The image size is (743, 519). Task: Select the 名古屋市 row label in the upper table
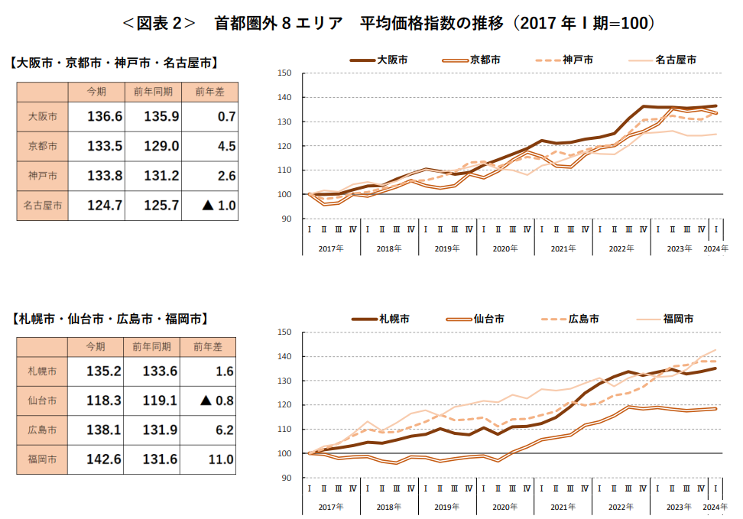click(42, 205)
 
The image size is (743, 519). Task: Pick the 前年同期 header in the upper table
click(153, 92)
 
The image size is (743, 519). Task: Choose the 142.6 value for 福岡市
click(105, 459)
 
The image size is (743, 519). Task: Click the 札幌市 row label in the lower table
click(42, 371)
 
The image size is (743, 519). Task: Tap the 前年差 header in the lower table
click(209, 347)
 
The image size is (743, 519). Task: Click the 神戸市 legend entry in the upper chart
click(578, 59)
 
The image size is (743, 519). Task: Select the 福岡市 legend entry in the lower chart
click(677, 318)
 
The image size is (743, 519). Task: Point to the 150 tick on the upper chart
click(286, 73)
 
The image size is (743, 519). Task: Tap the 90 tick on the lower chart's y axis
click(288, 478)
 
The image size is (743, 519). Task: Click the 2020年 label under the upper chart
click(504, 248)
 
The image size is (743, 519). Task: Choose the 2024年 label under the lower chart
click(715, 508)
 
